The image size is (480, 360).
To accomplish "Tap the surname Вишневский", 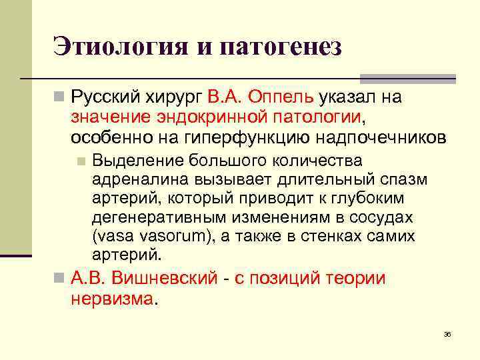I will tap(165, 278).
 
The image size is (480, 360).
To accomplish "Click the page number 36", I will tap(447, 333).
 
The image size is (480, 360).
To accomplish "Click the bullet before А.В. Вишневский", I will tap(60, 279).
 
